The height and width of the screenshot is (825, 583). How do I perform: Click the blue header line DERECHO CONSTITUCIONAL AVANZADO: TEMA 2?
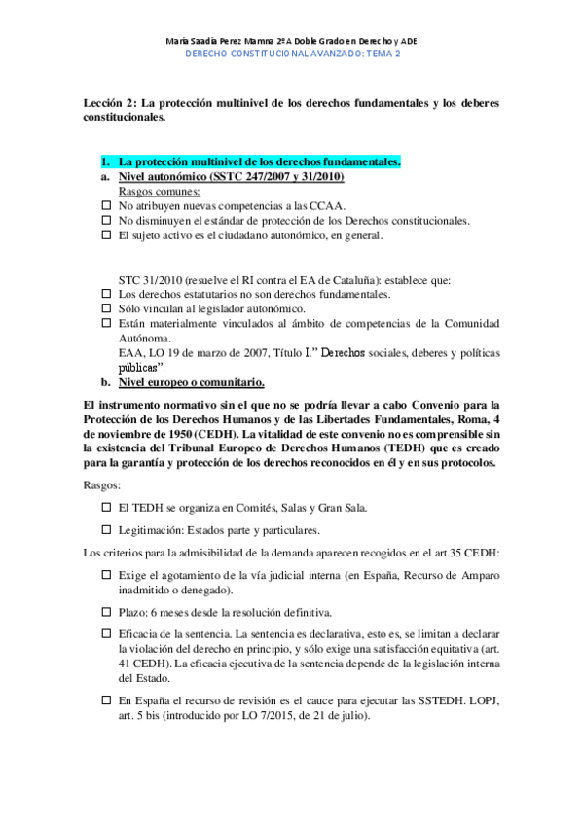click(x=293, y=54)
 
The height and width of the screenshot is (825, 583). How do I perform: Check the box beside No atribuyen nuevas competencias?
click(x=107, y=206)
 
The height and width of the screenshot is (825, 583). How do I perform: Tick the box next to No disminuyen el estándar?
click(x=107, y=221)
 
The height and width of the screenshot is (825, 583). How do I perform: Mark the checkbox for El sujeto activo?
click(x=107, y=235)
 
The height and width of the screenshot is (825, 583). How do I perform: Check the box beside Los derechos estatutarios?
click(x=107, y=294)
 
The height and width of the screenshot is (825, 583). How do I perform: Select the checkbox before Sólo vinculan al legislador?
click(x=107, y=308)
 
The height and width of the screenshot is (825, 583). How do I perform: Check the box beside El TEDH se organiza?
click(x=107, y=508)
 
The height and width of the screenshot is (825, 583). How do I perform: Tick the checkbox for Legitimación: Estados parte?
click(x=107, y=530)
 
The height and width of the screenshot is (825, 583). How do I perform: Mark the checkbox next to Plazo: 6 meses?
click(x=107, y=613)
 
